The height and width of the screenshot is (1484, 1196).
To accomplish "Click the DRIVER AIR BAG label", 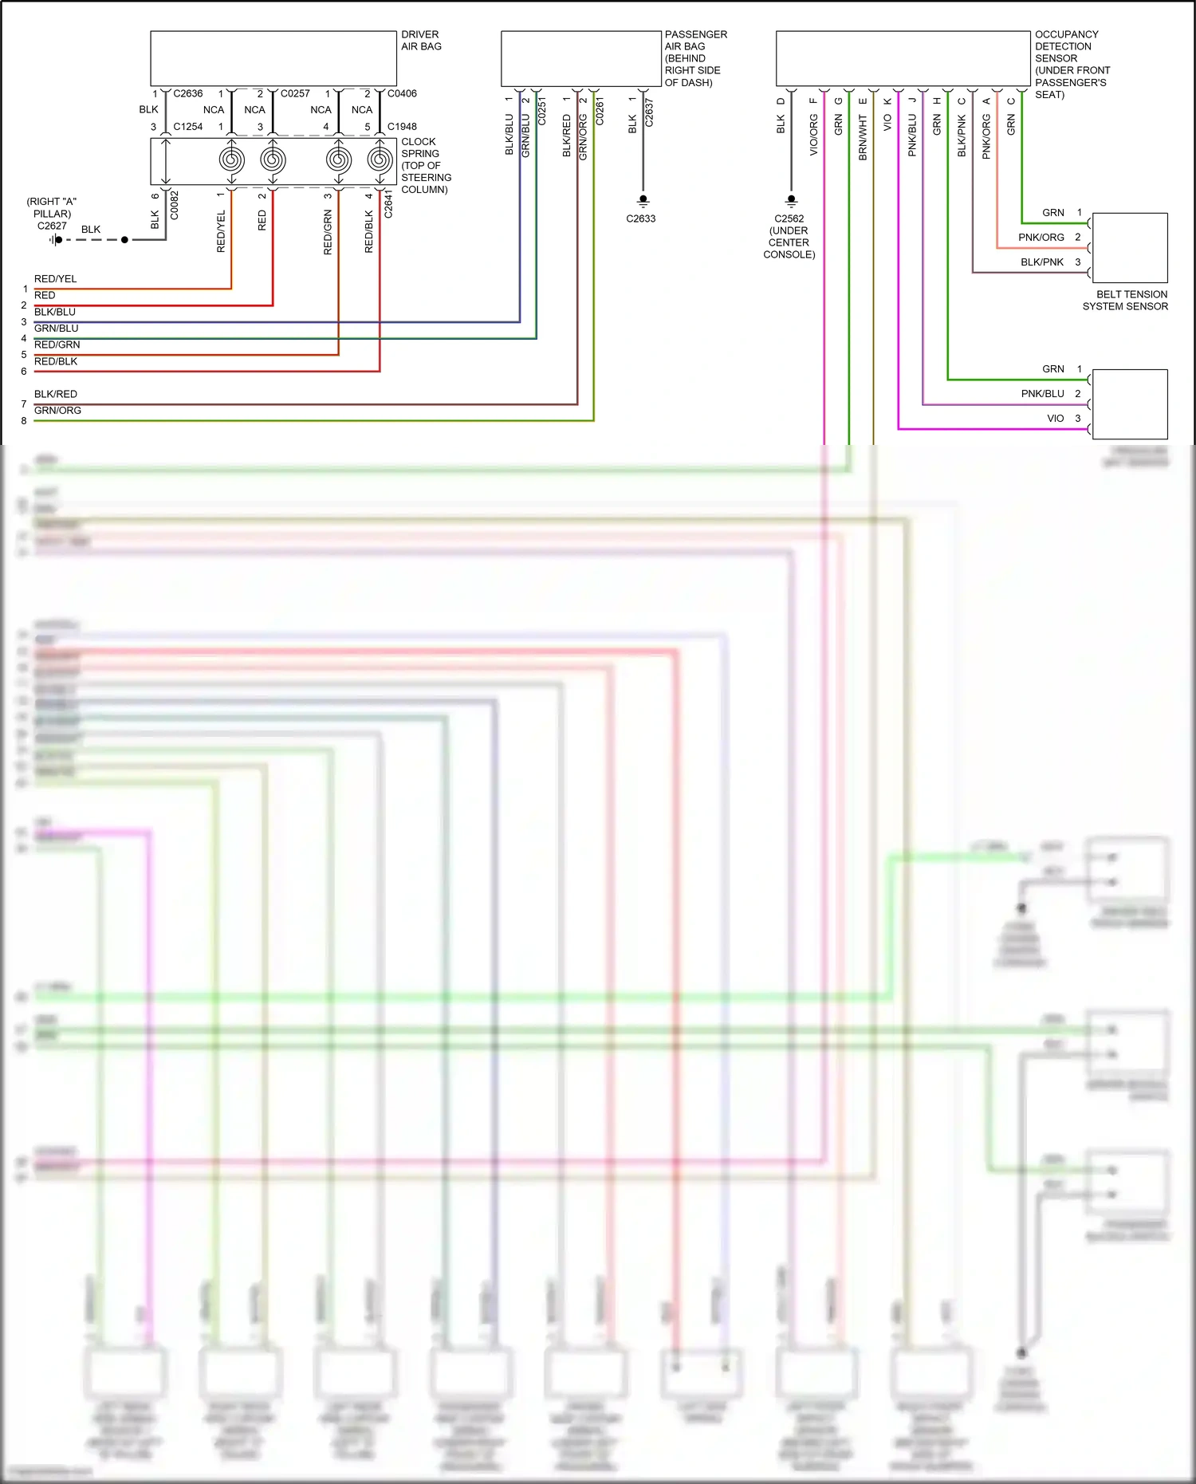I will tap(421, 41).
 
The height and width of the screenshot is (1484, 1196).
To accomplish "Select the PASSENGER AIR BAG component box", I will tap(580, 59).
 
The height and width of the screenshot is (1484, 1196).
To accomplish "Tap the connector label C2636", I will tap(188, 93).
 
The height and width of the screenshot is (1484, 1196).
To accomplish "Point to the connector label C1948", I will tap(402, 127).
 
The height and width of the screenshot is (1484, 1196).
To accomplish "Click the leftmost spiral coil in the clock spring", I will tap(231, 160).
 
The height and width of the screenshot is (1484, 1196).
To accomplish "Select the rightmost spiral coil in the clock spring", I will tap(380, 160).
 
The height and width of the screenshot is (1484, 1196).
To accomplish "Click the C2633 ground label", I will tap(640, 218).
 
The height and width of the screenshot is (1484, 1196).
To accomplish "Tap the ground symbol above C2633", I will tap(643, 200).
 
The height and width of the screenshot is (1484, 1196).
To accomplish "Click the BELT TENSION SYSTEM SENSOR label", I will tap(1125, 300).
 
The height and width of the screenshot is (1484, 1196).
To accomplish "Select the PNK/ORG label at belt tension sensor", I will tap(1041, 238).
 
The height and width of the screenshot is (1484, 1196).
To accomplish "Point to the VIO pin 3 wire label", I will tap(1055, 419).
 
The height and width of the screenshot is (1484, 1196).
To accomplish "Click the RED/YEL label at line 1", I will tap(56, 279).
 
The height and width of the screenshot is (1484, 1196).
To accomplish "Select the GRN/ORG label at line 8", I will tap(57, 411).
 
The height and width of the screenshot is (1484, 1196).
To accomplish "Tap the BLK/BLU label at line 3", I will tap(55, 312).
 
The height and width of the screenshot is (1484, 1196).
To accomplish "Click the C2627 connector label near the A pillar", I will tap(52, 226).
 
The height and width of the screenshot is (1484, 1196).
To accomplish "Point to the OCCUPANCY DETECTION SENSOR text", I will tap(1072, 64).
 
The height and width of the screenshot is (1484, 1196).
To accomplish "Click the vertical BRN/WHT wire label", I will tap(863, 137).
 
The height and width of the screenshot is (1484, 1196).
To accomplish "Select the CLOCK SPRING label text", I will tap(425, 165).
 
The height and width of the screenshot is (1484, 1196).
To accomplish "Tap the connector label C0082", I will tap(175, 206).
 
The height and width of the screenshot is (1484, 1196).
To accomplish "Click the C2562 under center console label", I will tap(789, 236).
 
